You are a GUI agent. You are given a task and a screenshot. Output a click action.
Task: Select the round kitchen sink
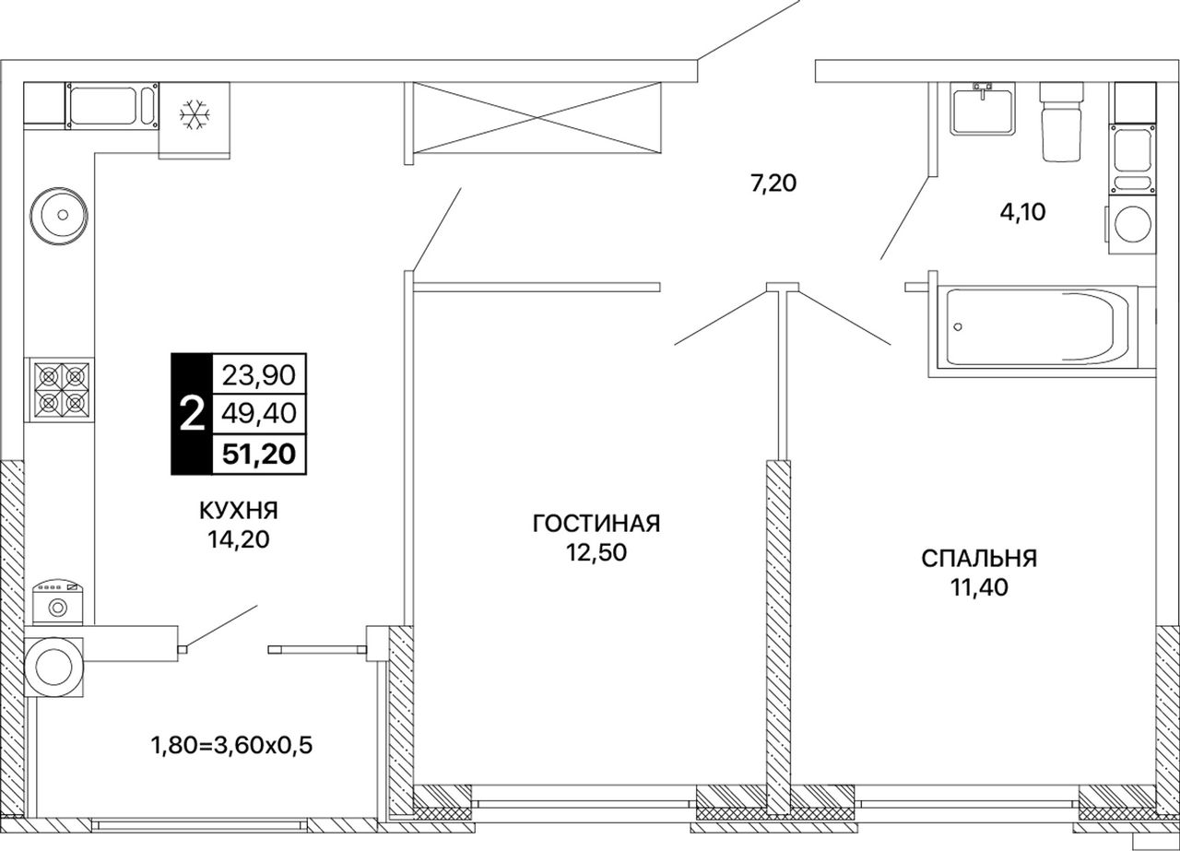[x=58, y=215]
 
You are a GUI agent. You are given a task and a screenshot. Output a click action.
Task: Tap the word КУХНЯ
[x=239, y=511]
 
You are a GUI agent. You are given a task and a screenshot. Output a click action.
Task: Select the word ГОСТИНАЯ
[x=596, y=525]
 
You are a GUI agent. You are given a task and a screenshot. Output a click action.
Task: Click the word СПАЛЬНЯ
[x=979, y=559]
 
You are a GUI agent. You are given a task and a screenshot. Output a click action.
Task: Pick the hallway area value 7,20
[x=773, y=183]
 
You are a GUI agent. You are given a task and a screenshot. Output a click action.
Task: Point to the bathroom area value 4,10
[x=1023, y=212]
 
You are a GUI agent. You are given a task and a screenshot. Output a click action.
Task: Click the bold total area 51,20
[x=259, y=454]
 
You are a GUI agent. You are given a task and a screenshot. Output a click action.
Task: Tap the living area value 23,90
[x=259, y=375]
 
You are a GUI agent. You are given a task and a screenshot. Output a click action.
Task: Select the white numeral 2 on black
[x=192, y=414]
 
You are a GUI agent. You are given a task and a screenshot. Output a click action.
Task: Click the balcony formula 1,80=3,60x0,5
[x=231, y=746]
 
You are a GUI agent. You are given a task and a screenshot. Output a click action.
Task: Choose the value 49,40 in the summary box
[x=259, y=414]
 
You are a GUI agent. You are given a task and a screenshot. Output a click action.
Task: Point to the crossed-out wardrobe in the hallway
[x=537, y=117]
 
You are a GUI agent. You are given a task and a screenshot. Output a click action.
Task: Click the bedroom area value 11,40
[x=979, y=587]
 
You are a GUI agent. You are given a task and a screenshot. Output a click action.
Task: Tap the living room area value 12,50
[x=596, y=553]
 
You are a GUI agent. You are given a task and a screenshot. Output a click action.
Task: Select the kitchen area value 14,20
[x=239, y=539]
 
